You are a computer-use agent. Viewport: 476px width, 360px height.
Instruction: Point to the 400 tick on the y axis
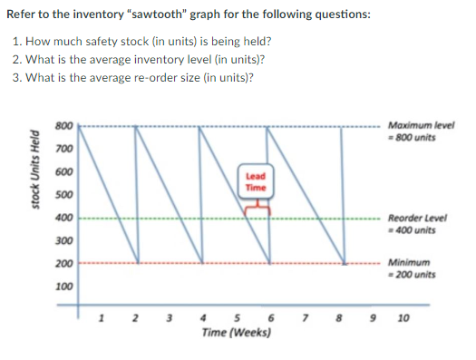click(x=63, y=219)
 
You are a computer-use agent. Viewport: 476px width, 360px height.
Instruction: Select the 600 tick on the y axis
click(x=63, y=171)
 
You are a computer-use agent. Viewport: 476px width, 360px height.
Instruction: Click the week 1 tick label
click(x=102, y=318)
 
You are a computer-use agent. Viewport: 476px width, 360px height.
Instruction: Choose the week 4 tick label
click(x=202, y=319)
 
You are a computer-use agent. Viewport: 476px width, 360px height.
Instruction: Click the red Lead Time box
click(x=256, y=181)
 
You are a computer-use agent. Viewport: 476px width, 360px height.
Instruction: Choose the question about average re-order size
click(x=145, y=76)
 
